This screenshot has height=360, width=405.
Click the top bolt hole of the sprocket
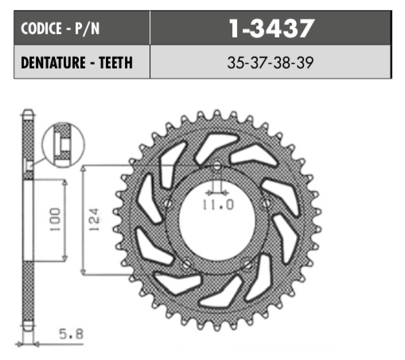pos(217,165)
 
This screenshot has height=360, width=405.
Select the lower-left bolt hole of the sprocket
pos(186,264)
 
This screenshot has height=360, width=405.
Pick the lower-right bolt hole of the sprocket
pos(247,264)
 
